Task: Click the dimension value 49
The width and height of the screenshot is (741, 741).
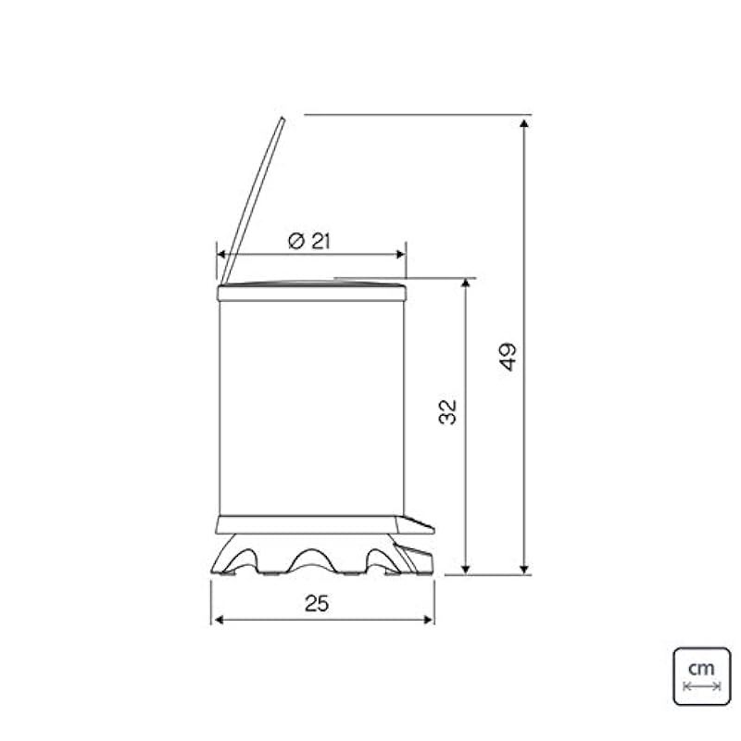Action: click(x=508, y=357)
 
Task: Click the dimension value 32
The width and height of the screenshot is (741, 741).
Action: click(x=448, y=412)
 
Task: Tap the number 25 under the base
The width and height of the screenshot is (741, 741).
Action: click(x=316, y=604)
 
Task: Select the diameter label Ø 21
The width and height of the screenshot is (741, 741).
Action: click(x=309, y=241)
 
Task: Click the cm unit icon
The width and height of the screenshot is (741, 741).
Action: click(x=702, y=676)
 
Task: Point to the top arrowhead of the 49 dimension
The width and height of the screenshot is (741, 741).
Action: click(x=523, y=124)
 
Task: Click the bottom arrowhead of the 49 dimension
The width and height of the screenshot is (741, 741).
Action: click(x=523, y=569)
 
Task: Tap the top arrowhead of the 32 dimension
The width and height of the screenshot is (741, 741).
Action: click(x=466, y=283)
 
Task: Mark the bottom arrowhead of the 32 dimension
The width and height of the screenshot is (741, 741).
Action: click(x=466, y=569)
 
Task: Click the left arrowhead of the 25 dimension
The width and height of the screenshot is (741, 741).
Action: click(x=219, y=620)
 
